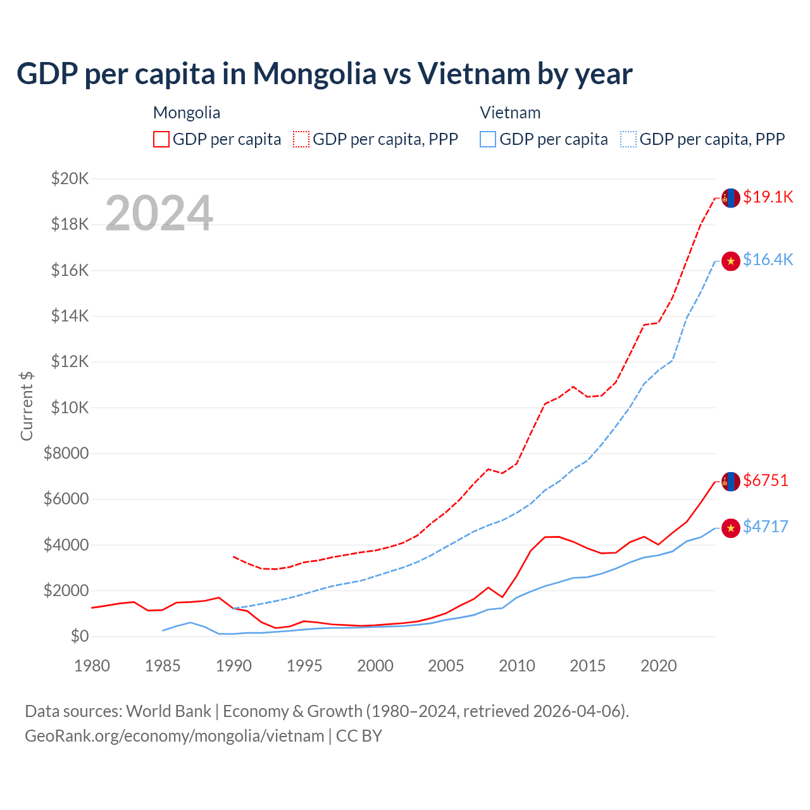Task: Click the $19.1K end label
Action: click(768, 197)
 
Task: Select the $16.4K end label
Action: click(768, 259)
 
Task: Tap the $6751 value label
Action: click(766, 480)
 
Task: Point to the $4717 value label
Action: click(766, 526)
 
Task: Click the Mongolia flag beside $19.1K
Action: click(731, 198)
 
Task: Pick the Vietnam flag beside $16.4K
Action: click(731, 261)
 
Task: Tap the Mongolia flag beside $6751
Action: click(731, 482)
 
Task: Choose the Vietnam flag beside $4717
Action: click(731, 528)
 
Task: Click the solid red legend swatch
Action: click(161, 139)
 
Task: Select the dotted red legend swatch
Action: click(302, 139)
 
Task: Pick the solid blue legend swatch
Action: click(488, 139)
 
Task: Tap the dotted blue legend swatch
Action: click(628, 139)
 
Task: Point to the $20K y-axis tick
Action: click(70, 178)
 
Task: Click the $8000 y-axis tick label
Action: click(66, 453)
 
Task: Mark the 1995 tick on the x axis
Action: click(304, 666)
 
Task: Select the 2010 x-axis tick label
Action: click(517, 666)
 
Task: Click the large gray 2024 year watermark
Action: click(159, 213)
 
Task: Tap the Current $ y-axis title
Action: click(27, 406)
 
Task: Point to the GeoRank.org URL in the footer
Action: click(175, 736)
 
